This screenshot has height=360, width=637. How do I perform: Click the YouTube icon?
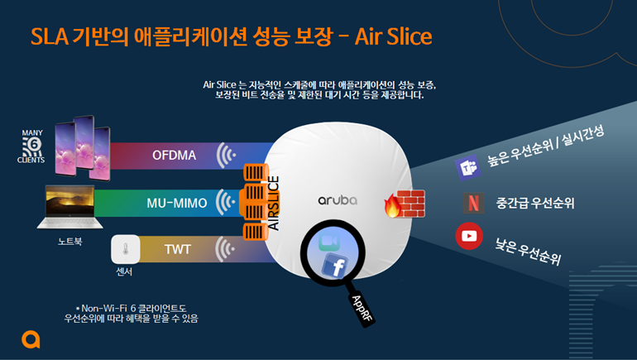click(469, 236)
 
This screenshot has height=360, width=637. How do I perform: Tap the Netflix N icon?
click(473, 203)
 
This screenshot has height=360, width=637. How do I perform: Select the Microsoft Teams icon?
click(468, 167)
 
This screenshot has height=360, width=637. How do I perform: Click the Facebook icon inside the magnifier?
click(335, 265)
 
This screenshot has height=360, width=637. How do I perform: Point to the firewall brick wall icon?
click(405, 204)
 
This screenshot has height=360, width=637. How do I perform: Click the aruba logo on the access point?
click(338, 200)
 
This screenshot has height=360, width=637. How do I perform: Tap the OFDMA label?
click(174, 156)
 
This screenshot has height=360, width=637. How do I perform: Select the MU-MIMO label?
click(177, 203)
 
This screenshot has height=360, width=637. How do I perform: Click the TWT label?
click(178, 249)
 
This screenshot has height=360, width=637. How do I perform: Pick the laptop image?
click(69, 207)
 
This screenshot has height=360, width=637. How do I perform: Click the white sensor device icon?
click(126, 249)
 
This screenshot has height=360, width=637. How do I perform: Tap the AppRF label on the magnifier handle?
click(362, 309)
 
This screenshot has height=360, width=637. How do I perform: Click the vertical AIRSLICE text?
click(273, 203)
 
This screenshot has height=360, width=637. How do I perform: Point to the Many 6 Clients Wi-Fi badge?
click(31, 146)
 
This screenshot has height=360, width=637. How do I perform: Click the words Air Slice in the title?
click(393, 36)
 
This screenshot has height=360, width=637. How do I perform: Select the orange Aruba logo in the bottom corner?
click(31, 339)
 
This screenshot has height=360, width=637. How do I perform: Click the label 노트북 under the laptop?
click(69, 242)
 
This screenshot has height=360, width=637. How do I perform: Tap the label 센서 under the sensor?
click(124, 271)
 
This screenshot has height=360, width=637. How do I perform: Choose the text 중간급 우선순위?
click(535, 203)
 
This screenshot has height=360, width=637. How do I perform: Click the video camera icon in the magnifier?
click(329, 242)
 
